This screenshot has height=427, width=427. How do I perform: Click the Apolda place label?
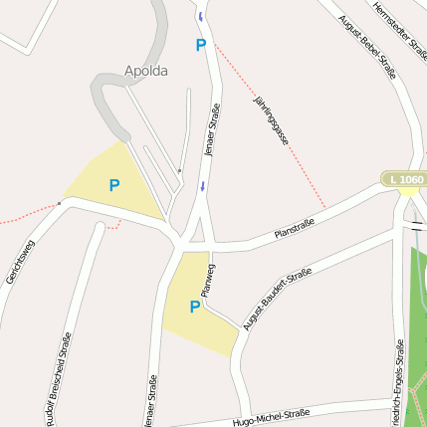(146, 71)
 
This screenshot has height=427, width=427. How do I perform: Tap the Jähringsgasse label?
(271, 122)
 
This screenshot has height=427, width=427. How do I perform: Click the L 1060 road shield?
(406, 179)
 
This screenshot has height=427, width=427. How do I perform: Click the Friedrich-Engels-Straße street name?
(397, 383)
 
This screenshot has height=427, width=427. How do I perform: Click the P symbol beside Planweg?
(195, 307)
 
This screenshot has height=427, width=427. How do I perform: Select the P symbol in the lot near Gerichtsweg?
(114, 185)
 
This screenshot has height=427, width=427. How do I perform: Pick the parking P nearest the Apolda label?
(200, 45)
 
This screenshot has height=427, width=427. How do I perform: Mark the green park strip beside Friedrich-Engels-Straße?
(418, 328)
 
